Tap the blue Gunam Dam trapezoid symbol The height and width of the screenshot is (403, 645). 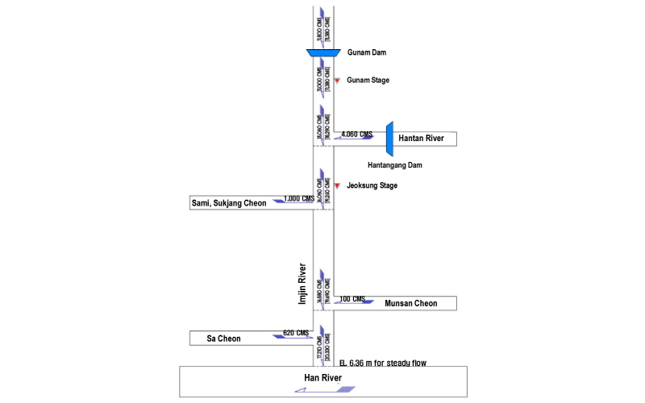point(323,53)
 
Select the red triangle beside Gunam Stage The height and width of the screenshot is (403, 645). point(337,80)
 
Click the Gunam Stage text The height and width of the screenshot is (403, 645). point(368,80)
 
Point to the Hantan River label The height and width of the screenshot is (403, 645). point(422,139)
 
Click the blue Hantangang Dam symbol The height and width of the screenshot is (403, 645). point(389,139)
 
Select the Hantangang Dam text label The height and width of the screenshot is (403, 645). point(395,165)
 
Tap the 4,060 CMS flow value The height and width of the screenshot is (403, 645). point(357,134)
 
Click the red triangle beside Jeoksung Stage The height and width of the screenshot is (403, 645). point(337,185)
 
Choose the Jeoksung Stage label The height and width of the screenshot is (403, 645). point(372,185)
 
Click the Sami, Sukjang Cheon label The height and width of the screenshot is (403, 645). point(228,202)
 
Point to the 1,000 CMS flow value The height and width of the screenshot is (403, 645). point(298,197)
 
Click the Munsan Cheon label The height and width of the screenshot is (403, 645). point(410,303)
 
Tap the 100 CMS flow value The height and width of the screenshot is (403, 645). point(352,299)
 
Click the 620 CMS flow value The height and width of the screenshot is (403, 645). point(296,333)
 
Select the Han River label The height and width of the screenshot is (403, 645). point(323,377)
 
